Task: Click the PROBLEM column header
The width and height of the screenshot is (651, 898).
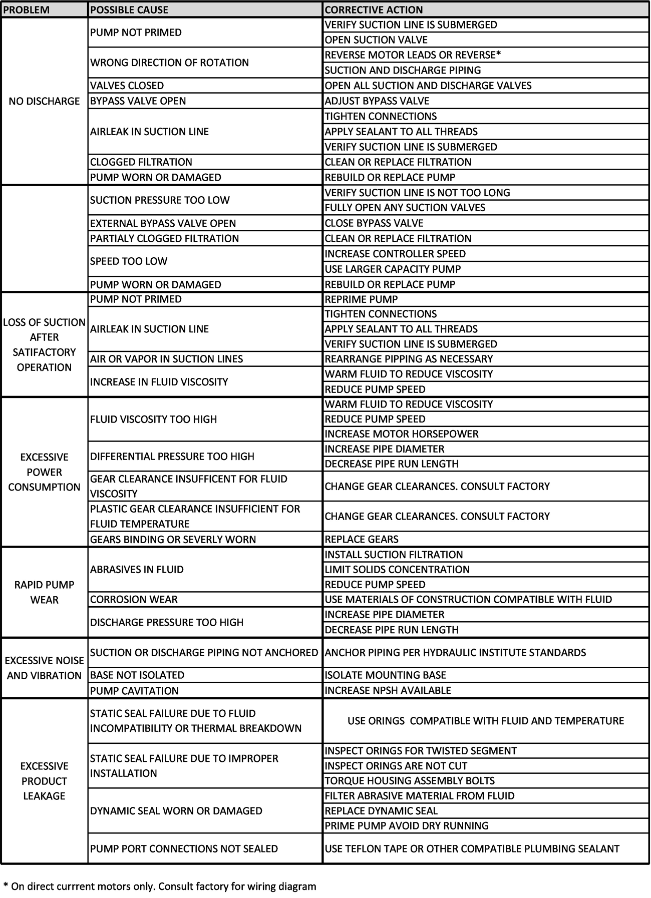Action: click(27, 10)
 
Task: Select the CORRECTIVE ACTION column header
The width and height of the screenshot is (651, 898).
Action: click(374, 10)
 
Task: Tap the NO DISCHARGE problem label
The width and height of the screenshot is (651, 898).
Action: click(44, 101)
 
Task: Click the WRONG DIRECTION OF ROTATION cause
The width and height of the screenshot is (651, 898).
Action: click(169, 63)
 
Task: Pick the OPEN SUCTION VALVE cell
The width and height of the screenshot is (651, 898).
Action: click(376, 40)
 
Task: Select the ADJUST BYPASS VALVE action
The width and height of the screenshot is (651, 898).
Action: click(377, 101)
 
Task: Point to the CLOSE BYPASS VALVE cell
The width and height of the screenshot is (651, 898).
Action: click(374, 223)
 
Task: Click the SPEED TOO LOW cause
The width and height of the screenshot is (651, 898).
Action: click(129, 261)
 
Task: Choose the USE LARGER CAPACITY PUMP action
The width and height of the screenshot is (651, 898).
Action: click(393, 269)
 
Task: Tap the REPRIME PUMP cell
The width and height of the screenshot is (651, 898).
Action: click(361, 299)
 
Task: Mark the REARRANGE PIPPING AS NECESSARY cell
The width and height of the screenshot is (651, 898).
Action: click(409, 359)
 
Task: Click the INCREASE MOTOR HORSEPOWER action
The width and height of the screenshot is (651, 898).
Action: click(402, 433)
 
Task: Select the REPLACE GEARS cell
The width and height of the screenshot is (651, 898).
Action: click(362, 539)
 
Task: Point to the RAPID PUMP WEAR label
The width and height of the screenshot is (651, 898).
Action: click(44, 592)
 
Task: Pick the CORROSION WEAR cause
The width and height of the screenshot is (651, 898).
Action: click(134, 599)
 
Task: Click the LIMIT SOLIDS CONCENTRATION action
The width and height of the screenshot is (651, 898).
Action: click(397, 569)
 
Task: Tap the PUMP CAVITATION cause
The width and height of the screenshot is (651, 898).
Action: click(134, 691)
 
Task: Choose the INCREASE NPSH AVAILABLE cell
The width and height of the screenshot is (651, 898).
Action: click(388, 690)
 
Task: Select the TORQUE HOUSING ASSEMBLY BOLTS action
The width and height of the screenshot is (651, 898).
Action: click(410, 780)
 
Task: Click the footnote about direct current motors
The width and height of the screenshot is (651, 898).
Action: click(160, 886)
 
